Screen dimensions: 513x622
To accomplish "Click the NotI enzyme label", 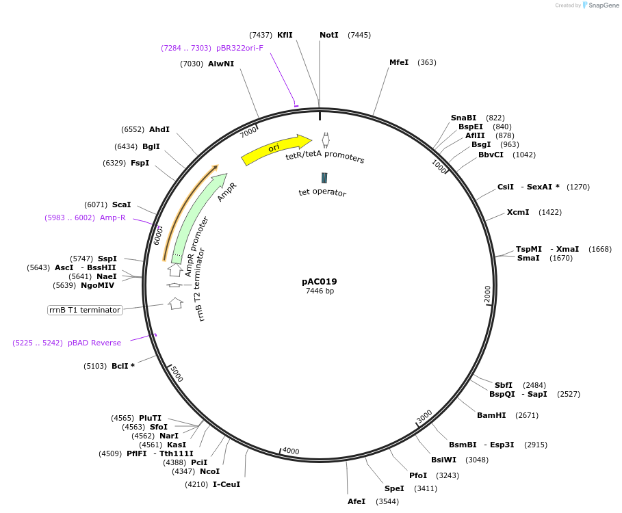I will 329,35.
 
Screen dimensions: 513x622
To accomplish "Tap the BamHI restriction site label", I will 491,415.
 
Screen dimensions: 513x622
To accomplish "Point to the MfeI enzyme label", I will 399,62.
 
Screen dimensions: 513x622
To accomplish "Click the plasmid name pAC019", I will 320,281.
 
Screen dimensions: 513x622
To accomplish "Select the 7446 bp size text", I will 320,291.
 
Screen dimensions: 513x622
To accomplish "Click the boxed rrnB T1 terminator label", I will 85,310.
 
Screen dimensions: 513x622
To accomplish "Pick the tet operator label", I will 322,192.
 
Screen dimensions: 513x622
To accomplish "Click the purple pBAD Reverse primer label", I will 94,343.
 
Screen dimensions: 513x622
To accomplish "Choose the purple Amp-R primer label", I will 113,218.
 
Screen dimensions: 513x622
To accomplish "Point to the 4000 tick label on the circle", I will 291,451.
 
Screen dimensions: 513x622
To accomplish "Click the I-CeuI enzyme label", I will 226,484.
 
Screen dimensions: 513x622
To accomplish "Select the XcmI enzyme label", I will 518,212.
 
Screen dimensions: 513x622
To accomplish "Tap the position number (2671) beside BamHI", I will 527,415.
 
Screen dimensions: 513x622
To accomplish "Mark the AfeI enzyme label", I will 357,501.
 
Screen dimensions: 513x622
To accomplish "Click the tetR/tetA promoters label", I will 325,157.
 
